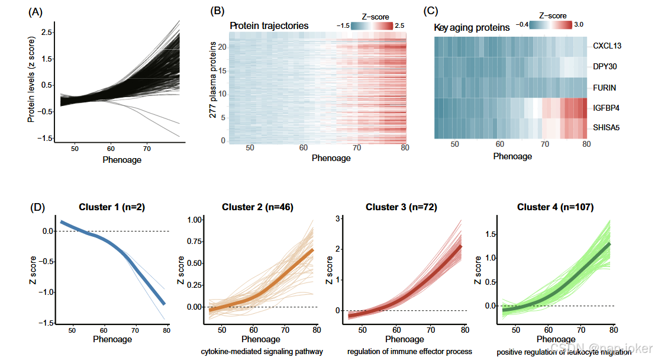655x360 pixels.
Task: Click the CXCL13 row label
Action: click(x=608, y=46)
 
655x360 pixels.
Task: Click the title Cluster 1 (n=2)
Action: click(x=111, y=207)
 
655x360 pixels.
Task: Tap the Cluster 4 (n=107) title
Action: click(x=556, y=207)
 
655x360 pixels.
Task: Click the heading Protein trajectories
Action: click(x=269, y=26)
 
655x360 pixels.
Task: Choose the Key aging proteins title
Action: click(x=472, y=27)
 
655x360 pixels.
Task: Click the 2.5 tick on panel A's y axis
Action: click(x=46, y=31)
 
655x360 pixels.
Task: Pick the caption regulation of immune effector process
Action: click(x=409, y=352)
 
